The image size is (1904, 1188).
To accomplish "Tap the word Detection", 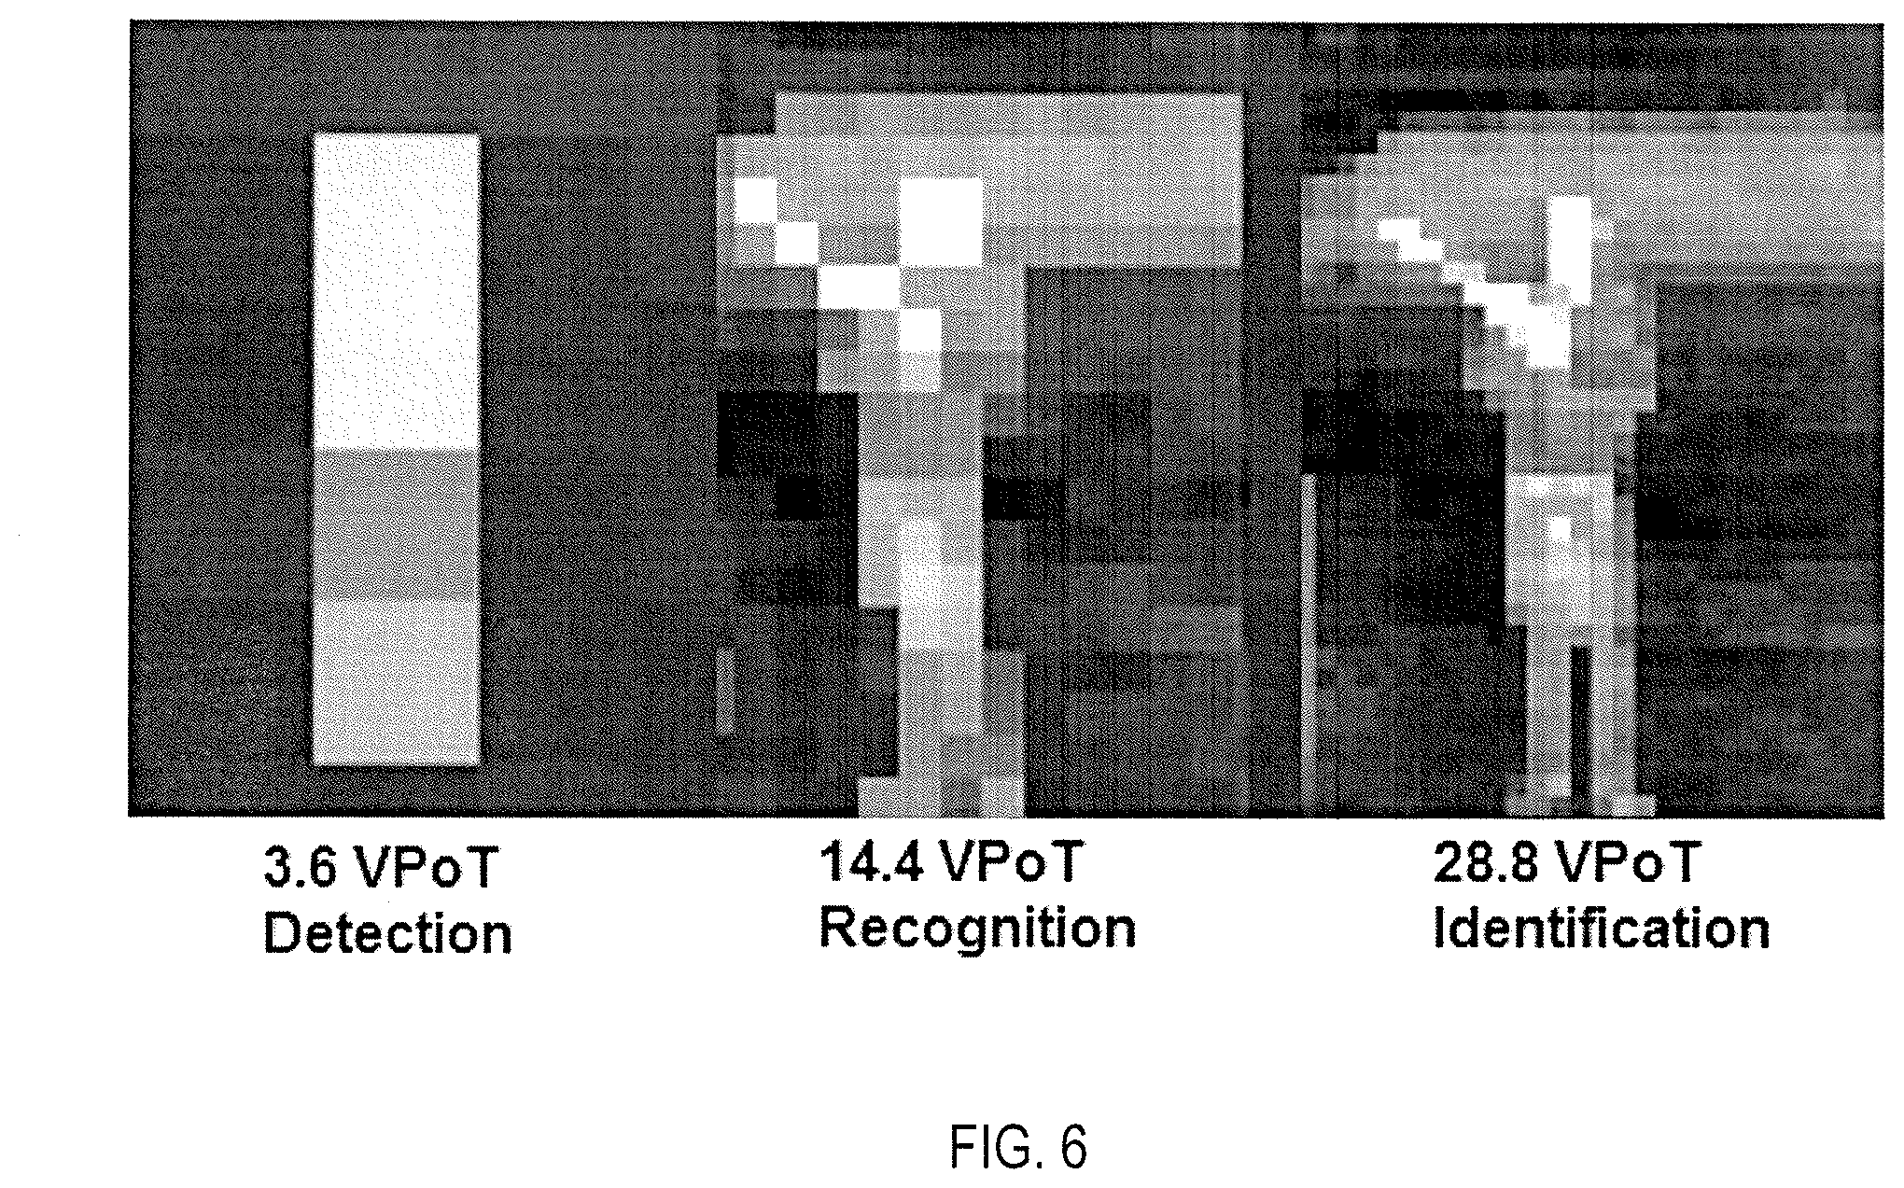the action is (x=387, y=934).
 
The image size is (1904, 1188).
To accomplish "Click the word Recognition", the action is (x=977, y=929).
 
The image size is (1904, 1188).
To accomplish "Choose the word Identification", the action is (x=1601, y=929).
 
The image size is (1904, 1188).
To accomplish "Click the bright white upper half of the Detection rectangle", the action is (x=397, y=289).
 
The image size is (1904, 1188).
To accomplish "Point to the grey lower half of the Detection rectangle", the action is (x=397, y=607).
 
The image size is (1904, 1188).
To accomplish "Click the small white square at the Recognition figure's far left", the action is (x=754, y=200).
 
